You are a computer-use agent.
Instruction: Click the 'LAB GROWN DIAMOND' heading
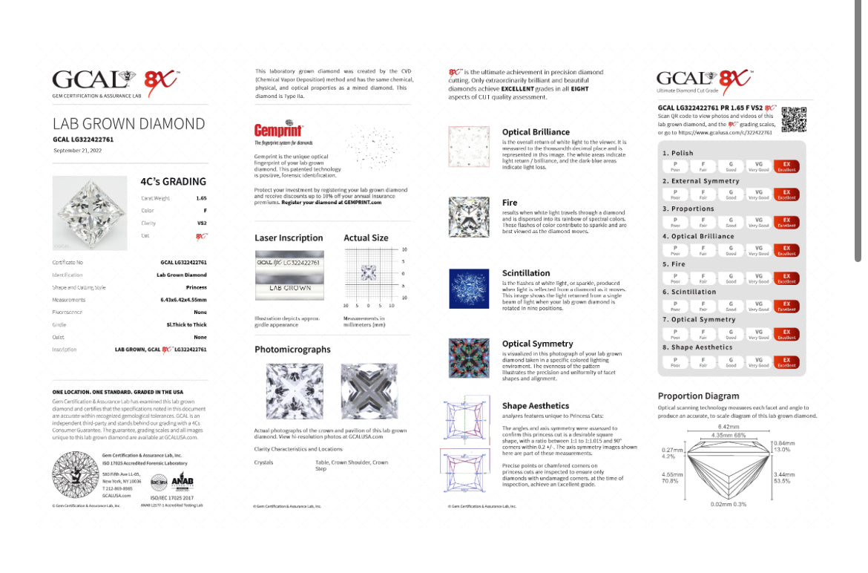click(128, 123)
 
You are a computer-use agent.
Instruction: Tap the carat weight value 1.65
click(201, 199)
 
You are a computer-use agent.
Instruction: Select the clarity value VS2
click(201, 223)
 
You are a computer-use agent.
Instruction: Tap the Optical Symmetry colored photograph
click(469, 358)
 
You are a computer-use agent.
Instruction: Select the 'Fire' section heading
click(510, 203)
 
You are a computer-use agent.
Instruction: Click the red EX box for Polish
click(786, 166)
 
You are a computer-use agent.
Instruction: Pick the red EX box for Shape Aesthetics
click(786, 361)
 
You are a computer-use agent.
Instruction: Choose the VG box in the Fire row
click(758, 278)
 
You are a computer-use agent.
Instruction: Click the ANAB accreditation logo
click(182, 483)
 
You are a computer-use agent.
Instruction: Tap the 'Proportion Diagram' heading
click(698, 396)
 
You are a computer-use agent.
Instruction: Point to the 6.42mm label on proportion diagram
click(729, 427)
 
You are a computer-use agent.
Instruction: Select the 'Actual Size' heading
click(366, 238)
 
